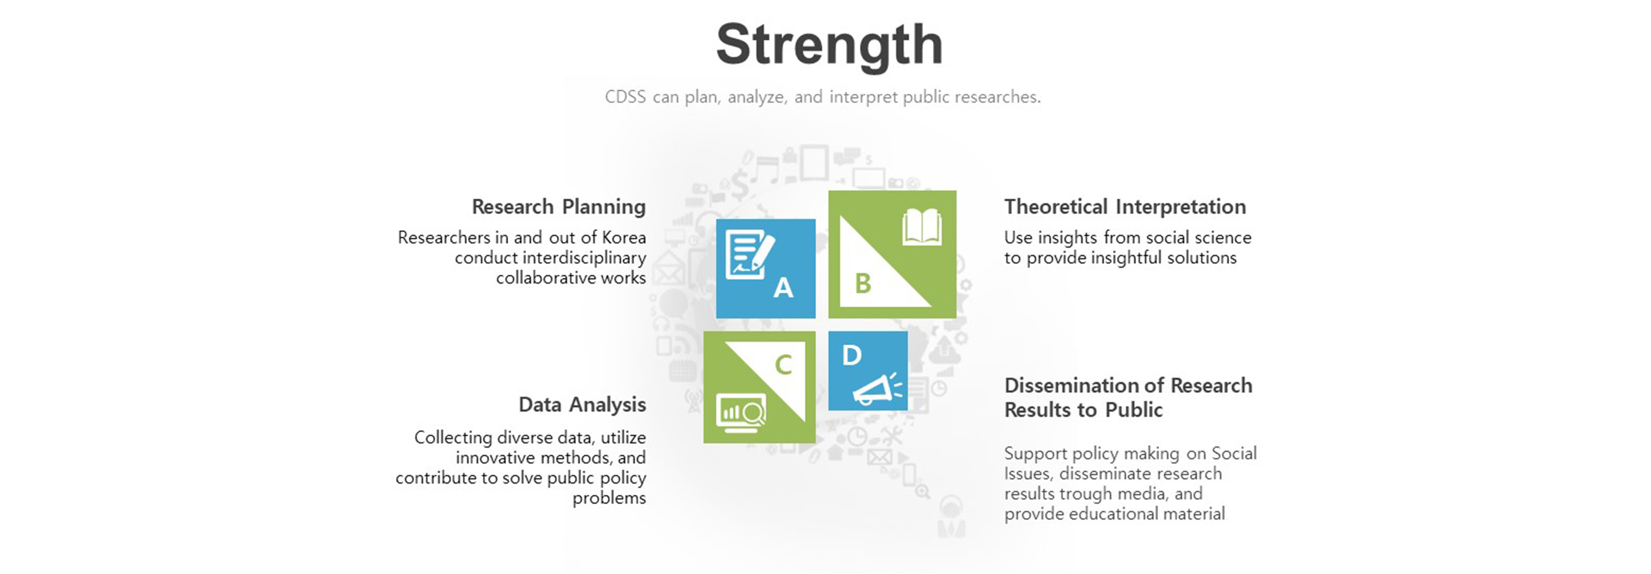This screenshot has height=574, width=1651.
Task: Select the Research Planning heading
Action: tap(558, 207)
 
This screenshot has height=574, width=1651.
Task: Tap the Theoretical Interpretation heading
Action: tap(1125, 207)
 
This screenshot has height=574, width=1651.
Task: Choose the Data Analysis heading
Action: tap(582, 405)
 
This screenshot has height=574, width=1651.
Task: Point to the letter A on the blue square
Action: tap(783, 288)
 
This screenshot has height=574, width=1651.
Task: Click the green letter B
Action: tap(864, 283)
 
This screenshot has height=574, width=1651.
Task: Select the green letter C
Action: tap(783, 365)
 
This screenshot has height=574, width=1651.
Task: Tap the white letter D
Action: tap(852, 355)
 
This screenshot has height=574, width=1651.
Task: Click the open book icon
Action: tap(921, 227)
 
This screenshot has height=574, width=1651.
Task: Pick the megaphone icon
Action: tap(877, 389)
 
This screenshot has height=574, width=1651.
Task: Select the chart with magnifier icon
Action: tap(741, 412)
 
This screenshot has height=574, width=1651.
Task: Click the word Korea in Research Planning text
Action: tap(624, 238)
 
